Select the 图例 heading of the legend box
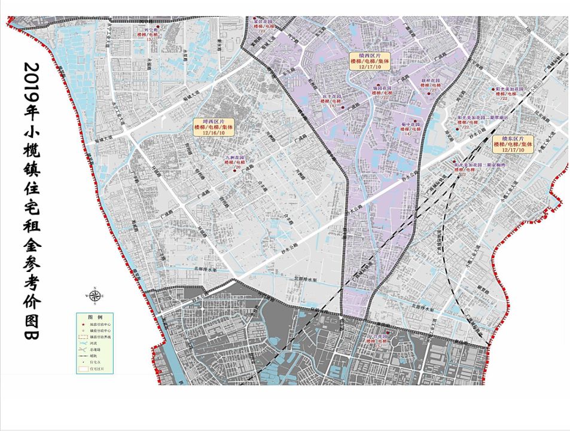95,316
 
